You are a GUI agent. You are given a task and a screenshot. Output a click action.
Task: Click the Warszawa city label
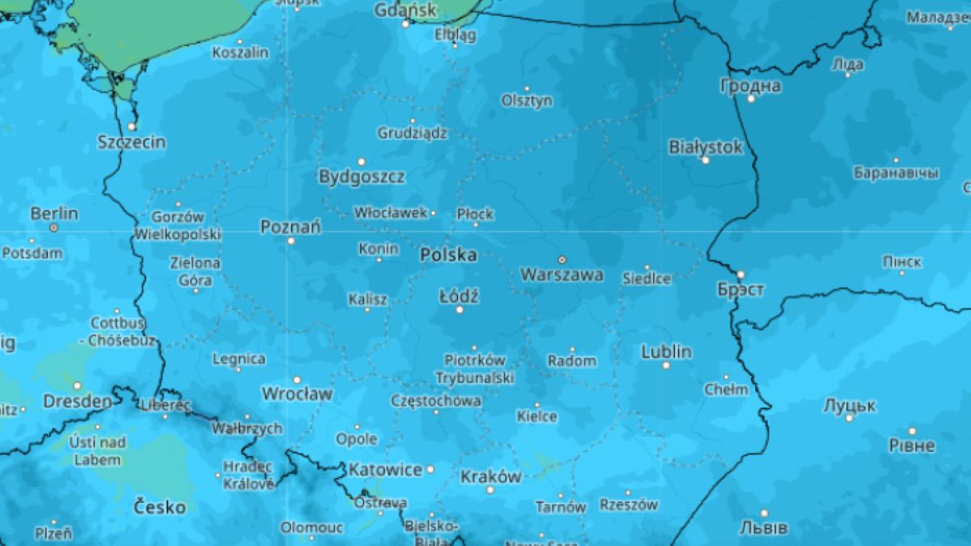click(562, 275)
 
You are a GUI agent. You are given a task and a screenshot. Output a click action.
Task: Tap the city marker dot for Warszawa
click(562, 260)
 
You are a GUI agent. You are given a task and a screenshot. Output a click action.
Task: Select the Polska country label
click(447, 255)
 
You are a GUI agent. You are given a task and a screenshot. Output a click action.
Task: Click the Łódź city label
click(459, 296)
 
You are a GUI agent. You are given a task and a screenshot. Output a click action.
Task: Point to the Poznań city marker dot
click(291, 240)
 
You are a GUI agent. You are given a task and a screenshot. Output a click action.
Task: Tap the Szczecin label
click(131, 142)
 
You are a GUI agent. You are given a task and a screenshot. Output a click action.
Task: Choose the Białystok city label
click(706, 147)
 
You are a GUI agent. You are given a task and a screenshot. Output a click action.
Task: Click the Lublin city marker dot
click(666, 366)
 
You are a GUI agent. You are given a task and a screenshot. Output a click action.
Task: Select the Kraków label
click(490, 476)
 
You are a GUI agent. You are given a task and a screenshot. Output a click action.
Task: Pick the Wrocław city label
click(297, 394)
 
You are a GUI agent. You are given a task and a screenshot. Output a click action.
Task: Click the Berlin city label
click(54, 214)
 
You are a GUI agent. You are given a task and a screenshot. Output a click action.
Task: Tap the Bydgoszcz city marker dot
click(362, 162)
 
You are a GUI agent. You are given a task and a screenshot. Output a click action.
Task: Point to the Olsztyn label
click(527, 101)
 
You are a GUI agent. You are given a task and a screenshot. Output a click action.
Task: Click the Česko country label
click(159, 508)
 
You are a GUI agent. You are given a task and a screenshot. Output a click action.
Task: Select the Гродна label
click(751, 86)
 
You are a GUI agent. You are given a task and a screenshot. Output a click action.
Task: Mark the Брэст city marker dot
click(740, 274)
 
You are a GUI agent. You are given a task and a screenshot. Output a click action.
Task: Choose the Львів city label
click(763, 528)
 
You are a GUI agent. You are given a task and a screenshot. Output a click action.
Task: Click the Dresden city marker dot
click(78, 386)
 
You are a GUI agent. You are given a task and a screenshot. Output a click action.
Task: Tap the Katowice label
click(385, 469)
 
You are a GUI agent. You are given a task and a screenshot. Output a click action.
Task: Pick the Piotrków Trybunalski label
click(474, 369)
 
